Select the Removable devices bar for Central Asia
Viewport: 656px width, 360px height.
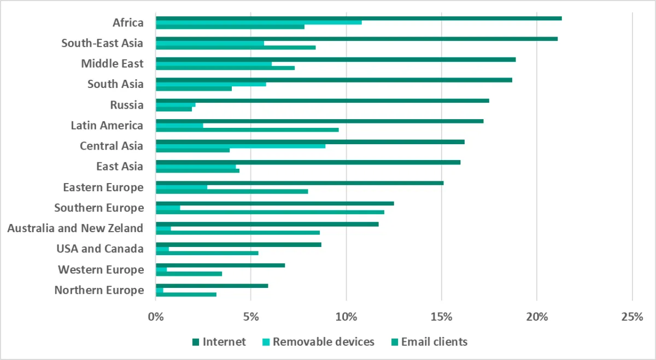241,146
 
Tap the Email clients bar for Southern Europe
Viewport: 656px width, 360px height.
270,212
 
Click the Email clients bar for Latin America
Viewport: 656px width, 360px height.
247,129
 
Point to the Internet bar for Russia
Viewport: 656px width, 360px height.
323,101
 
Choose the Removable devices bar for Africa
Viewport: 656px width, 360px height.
259,22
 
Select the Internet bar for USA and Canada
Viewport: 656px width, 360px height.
238,244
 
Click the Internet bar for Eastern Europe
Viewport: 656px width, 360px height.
300,183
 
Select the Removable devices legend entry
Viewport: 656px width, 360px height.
323,342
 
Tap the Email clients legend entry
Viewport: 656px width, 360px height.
434,342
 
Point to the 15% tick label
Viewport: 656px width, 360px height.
441,316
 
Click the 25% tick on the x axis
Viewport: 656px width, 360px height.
632,316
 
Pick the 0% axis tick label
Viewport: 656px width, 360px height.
156,316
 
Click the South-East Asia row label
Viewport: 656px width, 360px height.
102,43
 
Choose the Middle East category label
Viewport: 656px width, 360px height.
112,64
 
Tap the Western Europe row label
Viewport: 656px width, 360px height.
101,270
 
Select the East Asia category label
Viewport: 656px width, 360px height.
120,167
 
